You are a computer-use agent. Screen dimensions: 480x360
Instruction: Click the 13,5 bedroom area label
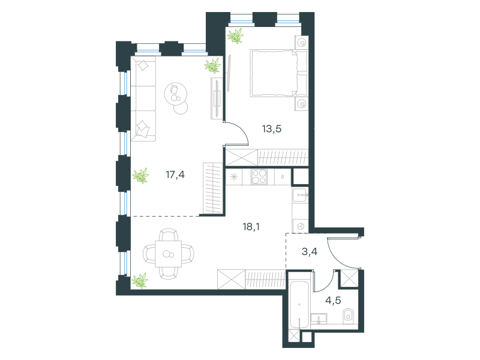[272, 129]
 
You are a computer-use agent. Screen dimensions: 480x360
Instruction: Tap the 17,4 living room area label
[175, 175]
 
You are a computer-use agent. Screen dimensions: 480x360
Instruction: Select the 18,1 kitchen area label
[251, 227]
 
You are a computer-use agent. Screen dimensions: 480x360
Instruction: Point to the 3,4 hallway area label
[310, 251]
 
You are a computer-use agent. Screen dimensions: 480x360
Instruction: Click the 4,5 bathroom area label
[333, 301]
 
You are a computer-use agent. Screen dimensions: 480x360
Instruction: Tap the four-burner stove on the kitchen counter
[259, 176]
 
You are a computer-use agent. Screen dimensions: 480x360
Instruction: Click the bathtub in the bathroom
[299, 305]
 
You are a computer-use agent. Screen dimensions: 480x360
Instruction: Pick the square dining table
[169, 254]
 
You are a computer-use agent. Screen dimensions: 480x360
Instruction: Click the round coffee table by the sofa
[175, 94]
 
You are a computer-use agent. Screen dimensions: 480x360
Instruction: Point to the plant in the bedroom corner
[235, 36]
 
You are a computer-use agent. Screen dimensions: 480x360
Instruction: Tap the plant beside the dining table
[140, 281]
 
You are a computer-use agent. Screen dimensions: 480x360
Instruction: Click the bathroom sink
[319, 319]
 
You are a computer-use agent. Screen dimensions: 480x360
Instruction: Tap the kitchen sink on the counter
[299, 195]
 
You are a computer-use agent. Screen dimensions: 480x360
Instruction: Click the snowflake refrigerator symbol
[234, 177]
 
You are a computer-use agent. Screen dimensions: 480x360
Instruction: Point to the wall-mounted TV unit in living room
[216, 98]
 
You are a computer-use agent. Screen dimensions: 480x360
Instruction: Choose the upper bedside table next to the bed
[302, 43]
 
